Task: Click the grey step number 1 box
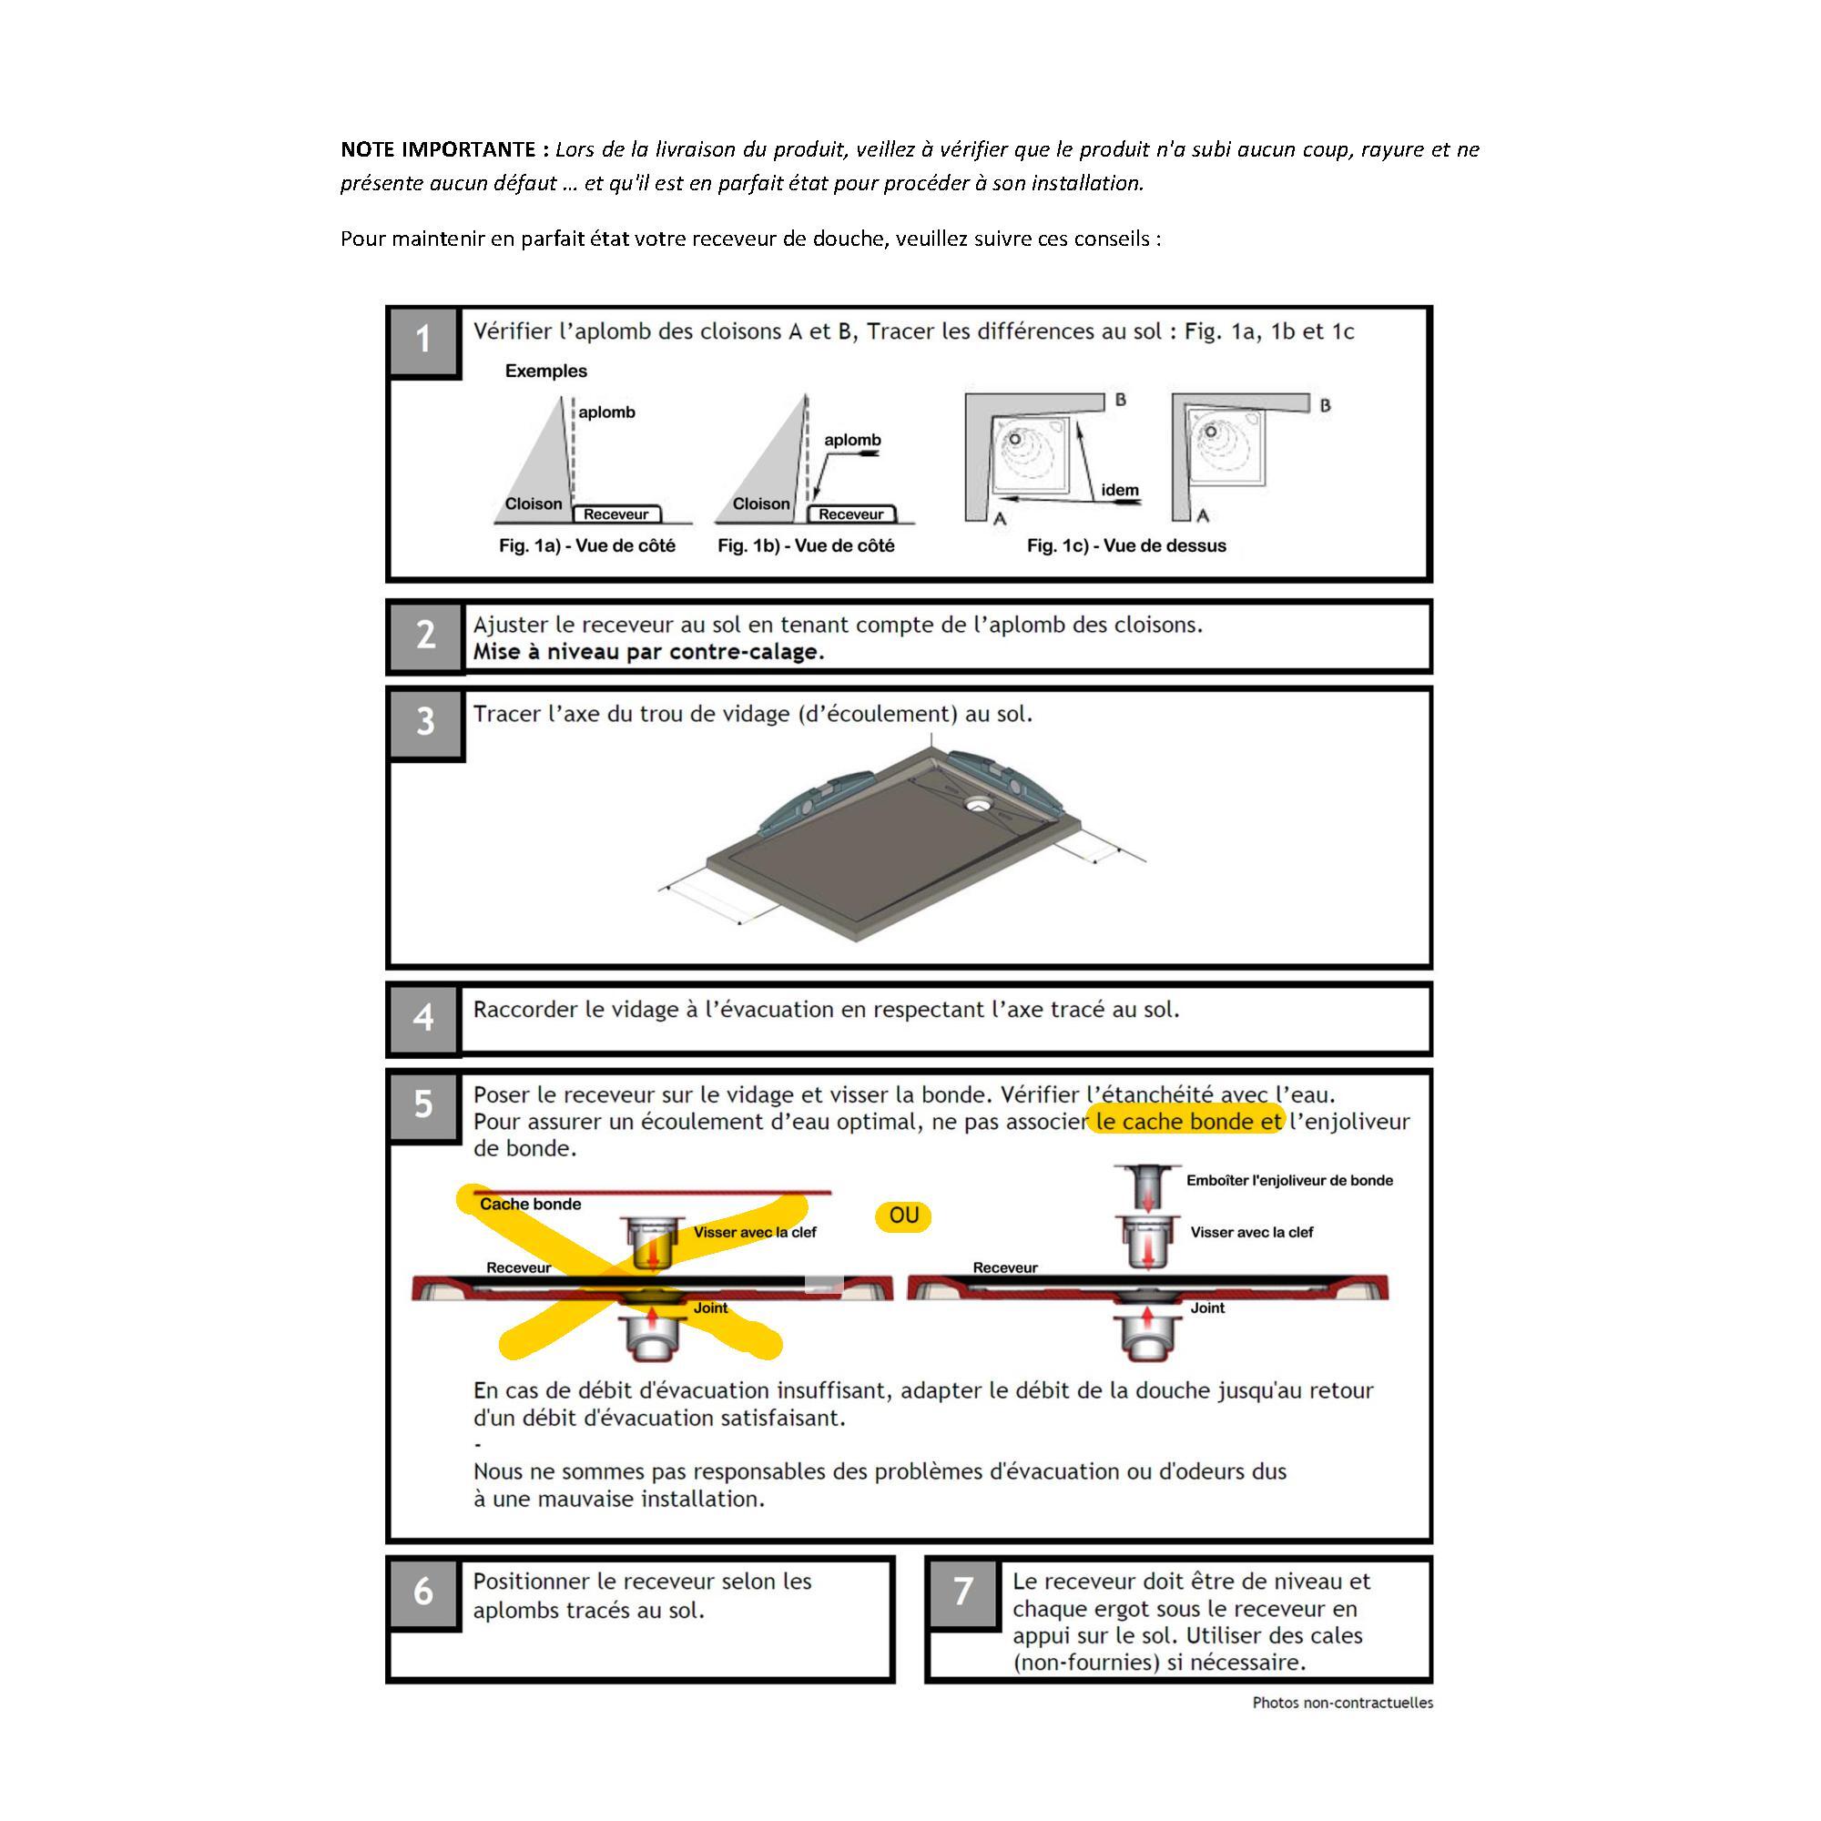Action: click(x=423, y=341)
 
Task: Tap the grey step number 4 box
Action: click(x=423, y=1017)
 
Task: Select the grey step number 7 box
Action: click(x=962, y=1592)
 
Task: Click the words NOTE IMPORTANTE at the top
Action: click(x=438, y=149)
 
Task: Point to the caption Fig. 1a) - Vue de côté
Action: click(x=587, y=545)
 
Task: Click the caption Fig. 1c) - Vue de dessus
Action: click(x=1126, y=545)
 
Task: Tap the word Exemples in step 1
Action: click(x=545, y=371)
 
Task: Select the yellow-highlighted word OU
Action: click(x=903, y=1216)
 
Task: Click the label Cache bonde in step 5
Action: click(x=530, y=1204)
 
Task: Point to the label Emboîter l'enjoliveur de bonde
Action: click(x=1289, y=1180)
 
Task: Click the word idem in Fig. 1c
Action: click(x=1120, y=490)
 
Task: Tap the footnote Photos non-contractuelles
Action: click(x=1342, y=1703)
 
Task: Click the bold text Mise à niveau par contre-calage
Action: click(x=648, y=652)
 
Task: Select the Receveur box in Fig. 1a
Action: click(x=616, y=514)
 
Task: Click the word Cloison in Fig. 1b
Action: click(x=761, y=504)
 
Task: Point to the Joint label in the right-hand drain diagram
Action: click(x=1207, y=1308)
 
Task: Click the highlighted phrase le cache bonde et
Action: click(x=1187, y=1122)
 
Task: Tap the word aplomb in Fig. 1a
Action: click(x=607, y=412)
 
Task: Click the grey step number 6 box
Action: click(x=423, y=1592)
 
